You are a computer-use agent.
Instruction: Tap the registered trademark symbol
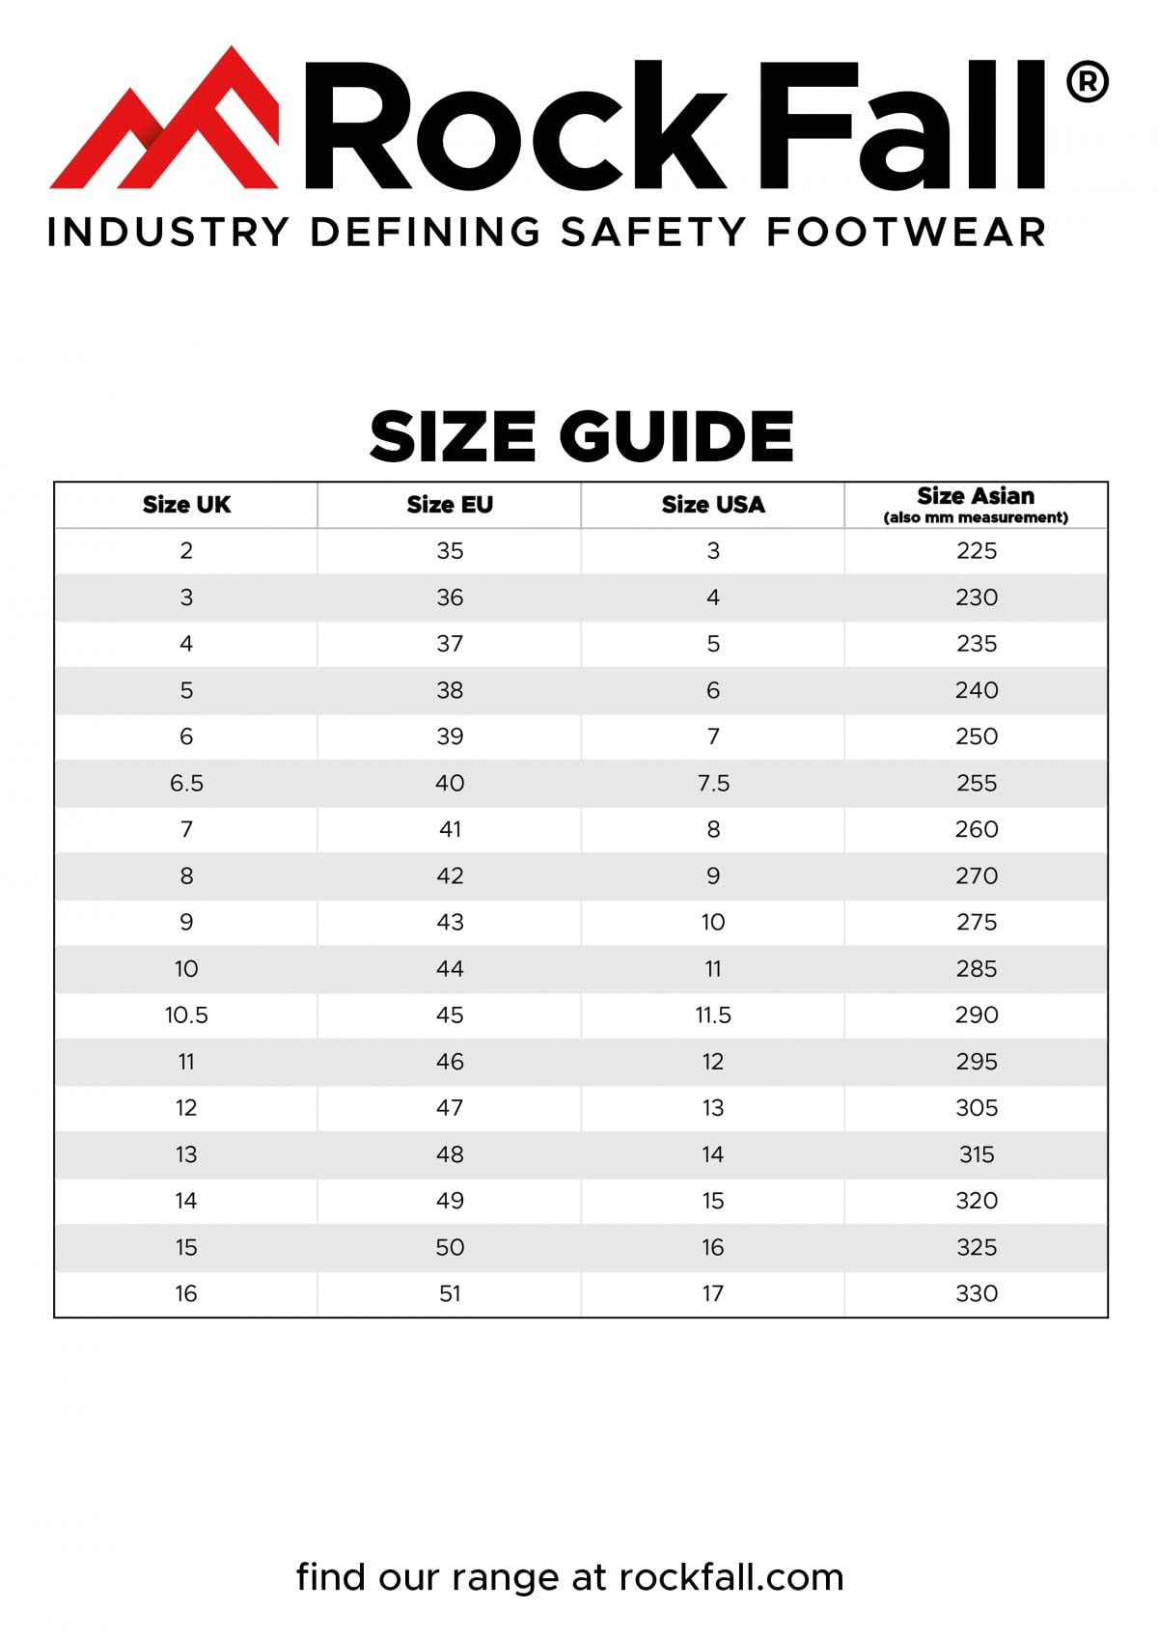(x=1087, y=83)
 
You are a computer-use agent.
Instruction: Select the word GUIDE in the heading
(x=676, y=435)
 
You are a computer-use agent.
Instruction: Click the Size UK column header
(x=186, y=505)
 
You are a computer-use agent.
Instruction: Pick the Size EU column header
(x=450, y=505)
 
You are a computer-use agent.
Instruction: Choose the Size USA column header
(x=713, y=505)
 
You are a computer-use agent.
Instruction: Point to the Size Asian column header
(x=976, y=504)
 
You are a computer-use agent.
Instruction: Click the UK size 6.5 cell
(x=186, y=783)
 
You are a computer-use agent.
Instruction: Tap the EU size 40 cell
(x=450, y=783)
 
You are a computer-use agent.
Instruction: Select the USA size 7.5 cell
(x=713, y=783)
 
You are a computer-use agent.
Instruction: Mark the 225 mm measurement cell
(x=977, y=551)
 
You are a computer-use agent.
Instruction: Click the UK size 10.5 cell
(x=186, y=1015)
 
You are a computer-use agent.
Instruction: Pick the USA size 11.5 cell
(x=713, y=1015)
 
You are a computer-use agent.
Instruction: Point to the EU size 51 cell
(x=450, y=1293)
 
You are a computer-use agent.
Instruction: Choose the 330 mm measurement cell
(x=977, y=1293)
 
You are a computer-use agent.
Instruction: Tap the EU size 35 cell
(x=450, y=551)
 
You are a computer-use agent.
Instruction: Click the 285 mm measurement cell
(x=977, y=969)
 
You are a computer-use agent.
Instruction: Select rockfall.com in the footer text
(x=731, y=1577)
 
